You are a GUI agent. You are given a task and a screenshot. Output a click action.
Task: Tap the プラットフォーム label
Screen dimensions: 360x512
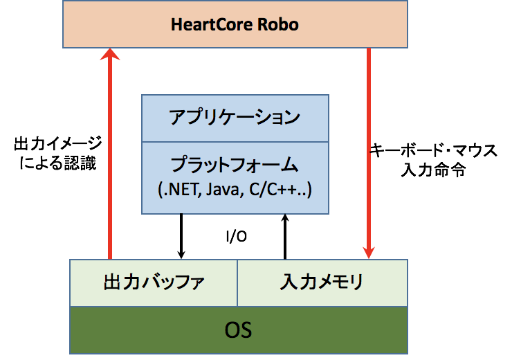tap(235, 165)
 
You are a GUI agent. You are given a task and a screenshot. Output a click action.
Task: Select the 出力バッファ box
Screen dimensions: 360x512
tap(154, 282)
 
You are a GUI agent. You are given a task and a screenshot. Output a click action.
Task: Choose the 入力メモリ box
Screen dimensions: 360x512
tap(322, 282)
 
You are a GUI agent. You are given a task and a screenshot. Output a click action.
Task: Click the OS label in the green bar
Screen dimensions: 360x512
tap(239, 330)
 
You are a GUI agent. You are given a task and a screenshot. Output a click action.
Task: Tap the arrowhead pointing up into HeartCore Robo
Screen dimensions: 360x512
tap(109, 56)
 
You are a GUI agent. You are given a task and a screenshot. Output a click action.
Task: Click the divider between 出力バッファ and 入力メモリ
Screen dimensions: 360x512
tap(237, 282)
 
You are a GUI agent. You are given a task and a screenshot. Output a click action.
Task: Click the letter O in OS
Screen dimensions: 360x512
tap(232, 330)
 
